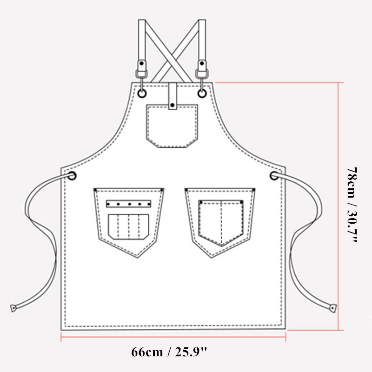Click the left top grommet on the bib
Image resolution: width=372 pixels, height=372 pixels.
(142, 93)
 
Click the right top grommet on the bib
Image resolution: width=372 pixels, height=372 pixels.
(202, 93)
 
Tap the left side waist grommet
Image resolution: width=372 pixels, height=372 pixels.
(72, 175)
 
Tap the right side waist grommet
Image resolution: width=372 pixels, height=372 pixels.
(274, 175)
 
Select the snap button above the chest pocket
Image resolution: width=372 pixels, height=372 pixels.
(173, 106)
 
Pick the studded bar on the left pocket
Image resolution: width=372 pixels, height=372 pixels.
(128, 204)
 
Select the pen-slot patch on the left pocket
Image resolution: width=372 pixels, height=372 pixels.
(128, 226)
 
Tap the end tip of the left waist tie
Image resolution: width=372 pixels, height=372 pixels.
(13, 308)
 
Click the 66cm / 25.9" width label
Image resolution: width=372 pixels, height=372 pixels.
(173, 352)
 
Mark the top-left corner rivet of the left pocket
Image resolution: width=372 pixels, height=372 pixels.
(95, 190)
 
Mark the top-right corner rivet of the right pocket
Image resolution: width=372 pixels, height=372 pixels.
(253, 190)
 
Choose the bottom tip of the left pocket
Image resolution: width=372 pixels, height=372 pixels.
(138, 257)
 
